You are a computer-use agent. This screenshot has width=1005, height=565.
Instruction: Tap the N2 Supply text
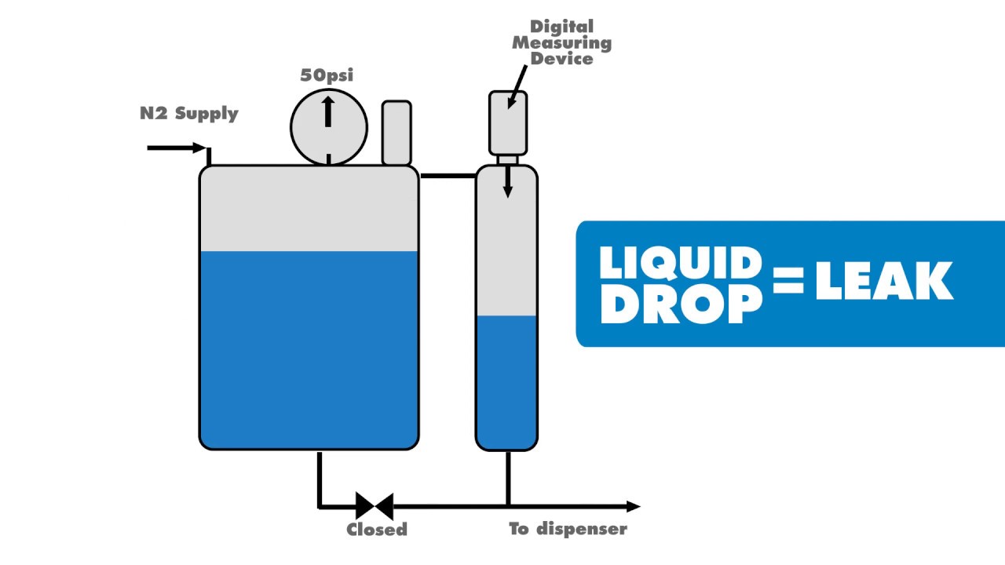188,113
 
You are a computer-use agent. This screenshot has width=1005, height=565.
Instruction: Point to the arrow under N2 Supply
177,148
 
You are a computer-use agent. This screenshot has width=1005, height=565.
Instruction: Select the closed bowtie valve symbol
375,506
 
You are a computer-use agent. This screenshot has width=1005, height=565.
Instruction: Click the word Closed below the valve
377,530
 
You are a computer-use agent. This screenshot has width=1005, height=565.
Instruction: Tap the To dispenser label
568,529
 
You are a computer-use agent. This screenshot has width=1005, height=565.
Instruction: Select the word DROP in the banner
680,304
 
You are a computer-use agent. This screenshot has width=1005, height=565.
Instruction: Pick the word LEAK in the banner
884,282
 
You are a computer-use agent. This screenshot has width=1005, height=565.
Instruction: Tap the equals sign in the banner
788,281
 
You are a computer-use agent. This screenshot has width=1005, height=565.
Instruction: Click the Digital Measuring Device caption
561,42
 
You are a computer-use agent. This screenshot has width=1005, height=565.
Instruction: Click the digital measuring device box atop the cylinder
508,123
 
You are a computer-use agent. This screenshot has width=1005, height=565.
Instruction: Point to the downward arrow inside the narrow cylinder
508,182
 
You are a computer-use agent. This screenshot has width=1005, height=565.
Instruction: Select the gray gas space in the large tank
309,209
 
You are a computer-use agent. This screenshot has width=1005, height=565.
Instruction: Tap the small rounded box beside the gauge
397,133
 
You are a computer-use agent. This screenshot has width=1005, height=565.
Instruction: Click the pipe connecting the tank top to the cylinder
448,176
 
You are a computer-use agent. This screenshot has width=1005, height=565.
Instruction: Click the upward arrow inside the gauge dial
328,111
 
